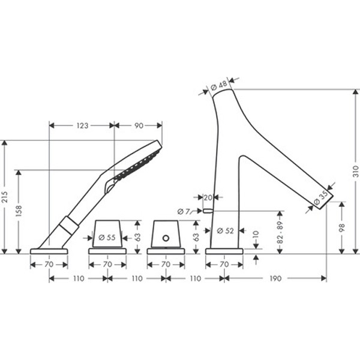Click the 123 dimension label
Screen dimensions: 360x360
click(82, 125)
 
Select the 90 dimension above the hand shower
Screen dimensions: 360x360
click(139, 125)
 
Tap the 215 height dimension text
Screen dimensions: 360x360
click(5, 197)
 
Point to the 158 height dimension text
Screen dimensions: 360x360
click(19, 211)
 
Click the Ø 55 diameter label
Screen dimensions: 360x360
click(107, 238)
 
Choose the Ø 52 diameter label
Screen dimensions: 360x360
click(225, 230)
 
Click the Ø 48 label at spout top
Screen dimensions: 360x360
click(219, 86)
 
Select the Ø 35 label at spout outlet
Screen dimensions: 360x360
click(321, 197)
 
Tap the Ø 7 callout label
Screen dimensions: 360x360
click(184, 211)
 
